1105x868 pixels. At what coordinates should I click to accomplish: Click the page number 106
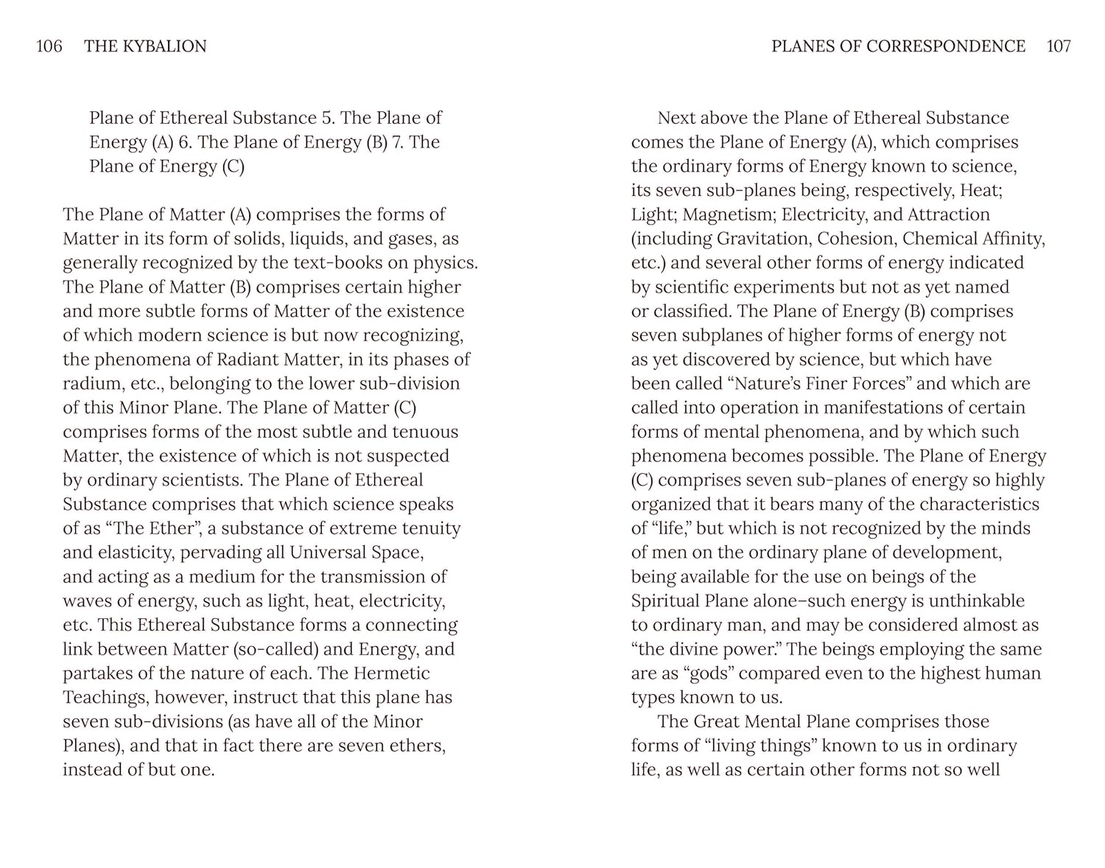(49, 46)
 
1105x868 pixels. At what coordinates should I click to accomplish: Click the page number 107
(1059, 46)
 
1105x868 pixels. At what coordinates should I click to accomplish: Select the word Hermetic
(392, 673)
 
